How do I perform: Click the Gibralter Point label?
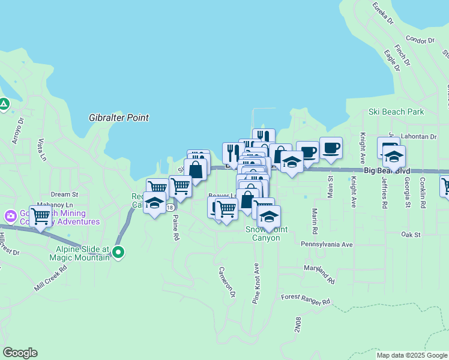point(118,118)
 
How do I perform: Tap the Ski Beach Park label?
point(396,112)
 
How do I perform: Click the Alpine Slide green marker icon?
point(119,253)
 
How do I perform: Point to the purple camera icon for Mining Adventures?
point(10,215)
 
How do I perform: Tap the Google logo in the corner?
point(20,352)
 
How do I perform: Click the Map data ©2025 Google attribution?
point(412,355)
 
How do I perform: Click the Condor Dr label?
point(420,40)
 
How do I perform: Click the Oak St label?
point(411,235)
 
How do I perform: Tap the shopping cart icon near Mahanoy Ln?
point(40,216)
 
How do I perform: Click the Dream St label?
point(64,194)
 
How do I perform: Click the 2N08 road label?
point(297,325)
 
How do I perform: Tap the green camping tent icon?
point(4,105)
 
